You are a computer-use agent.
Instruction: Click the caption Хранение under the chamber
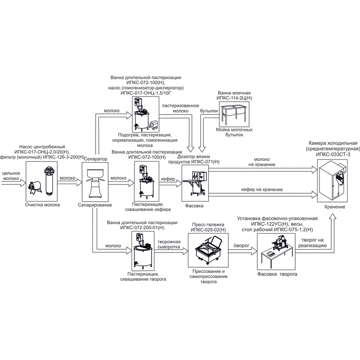[x=335, y=207]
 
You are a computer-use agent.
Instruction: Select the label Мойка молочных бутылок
[x=234, y=132]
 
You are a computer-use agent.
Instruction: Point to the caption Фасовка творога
[x=277, y=274]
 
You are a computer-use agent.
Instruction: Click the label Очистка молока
[x=42, y=205]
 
